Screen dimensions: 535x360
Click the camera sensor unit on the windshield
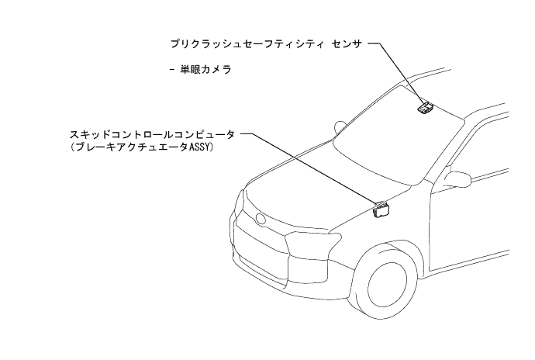pyautogui.click(x=424, y=107)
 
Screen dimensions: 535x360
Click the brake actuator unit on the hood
pyautogui.click(x=381, y=209)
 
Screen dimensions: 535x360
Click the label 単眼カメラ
pyautogui.click(x=206, y=70)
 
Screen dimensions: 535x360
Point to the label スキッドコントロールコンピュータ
pyautogui.click(x=152, y=134)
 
